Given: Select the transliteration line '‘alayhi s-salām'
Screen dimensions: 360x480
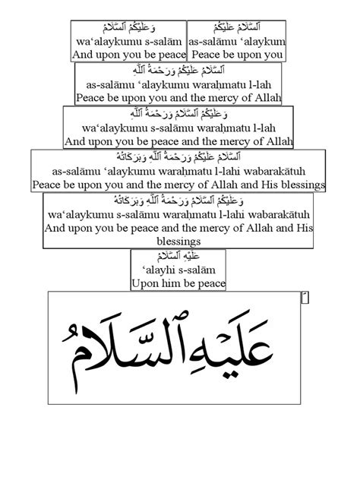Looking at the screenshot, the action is tap(178, 270).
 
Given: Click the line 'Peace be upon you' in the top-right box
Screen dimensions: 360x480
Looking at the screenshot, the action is tap(236, 55).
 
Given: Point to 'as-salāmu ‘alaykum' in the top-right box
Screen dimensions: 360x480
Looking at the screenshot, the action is tap(236, 43).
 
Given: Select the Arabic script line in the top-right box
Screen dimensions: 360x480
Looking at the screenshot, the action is tap(235, 30).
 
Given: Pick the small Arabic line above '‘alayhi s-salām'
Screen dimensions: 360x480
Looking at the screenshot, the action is tap(178, 257).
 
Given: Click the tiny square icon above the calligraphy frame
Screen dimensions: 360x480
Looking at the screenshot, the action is tap(305, 298).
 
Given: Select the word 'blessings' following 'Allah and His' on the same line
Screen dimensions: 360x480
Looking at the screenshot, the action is tap(303, 185).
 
